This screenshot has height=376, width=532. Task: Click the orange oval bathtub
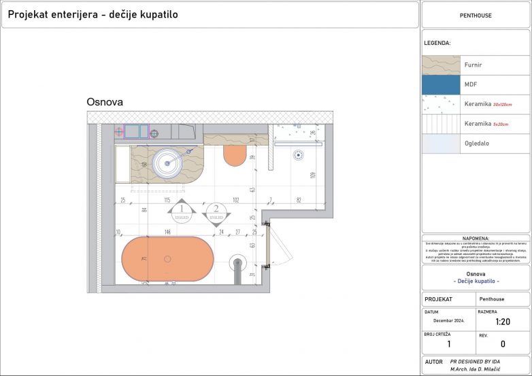[167, 259]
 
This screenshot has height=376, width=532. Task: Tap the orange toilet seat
[234, 154]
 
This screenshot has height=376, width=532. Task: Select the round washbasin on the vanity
[167, 163]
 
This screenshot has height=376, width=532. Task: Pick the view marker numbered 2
[216, 213]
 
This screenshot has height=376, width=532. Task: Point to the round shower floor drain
[297, 155]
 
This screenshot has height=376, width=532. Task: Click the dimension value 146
[167, 232]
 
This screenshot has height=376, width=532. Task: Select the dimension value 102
[235, 200]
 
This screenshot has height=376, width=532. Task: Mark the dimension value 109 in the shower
[312, 175]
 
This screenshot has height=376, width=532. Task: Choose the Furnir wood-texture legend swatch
[441, 65]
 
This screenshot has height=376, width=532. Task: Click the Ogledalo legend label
[476, 143]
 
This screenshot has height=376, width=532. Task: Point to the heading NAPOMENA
[476, 239]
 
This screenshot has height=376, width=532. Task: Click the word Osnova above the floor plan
[105, 102]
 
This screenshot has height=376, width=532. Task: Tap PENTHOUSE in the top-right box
[476, 15]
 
